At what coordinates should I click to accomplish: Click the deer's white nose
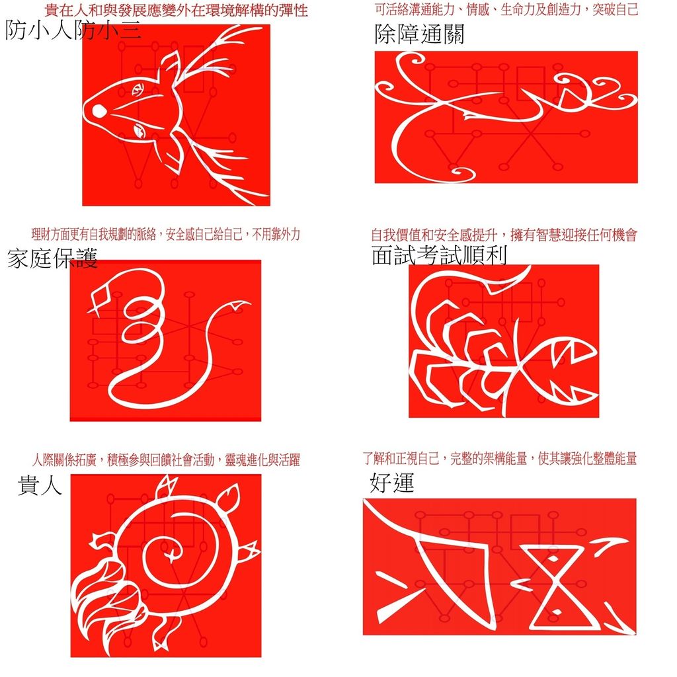coord(99,111)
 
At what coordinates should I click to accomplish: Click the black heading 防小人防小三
coord(73,30)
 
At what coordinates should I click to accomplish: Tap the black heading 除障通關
coord(419,34)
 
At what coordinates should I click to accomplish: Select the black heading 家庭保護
coord(52,259)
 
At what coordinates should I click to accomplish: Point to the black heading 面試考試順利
coord(439,255)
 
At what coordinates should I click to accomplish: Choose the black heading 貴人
coord(40,485)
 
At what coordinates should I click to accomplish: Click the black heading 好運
coord(392,482)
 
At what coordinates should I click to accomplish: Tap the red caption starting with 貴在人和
coord(176,11)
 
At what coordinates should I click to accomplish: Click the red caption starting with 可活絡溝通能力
coord(506,9)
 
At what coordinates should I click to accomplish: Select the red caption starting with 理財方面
coord(165,235)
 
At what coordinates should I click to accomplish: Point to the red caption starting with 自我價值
coord(504,235)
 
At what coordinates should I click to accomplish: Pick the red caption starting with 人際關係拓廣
coord(166,460)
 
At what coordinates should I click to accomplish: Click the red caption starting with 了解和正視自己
coord(500,458)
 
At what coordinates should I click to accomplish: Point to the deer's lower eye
coord(139,130)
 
